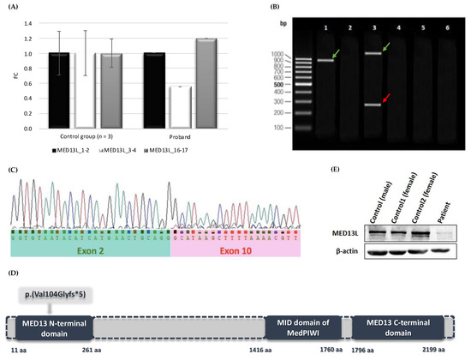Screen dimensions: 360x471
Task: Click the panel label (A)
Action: point(10,8)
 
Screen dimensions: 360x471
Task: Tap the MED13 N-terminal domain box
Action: point(52,327)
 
